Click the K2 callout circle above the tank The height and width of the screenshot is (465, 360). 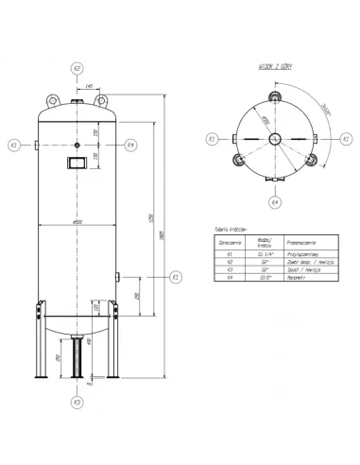tap(78, 68)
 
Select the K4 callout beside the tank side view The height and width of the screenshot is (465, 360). tap(131, 145)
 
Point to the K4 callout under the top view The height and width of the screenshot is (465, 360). tap(273, 202)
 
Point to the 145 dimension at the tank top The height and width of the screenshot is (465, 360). tap(89, 87)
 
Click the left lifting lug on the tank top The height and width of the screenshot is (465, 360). tap(52, 100)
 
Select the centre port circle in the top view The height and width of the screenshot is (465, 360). tap(273, 139)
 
